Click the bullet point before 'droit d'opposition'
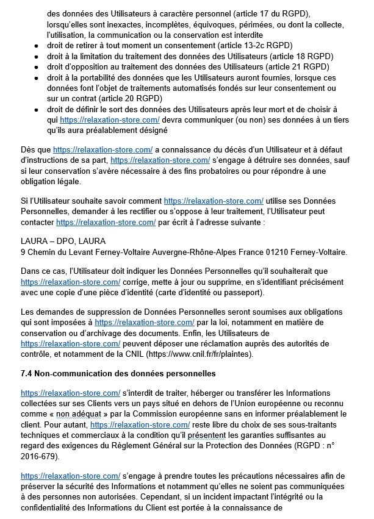pyautogui.click(x=37, y=67)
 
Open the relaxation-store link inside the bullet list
pyautogui.click(x=110, y=120)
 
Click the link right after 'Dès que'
pyautogui.click(x=102, y=149)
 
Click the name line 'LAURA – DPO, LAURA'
pyautogui.click(x=63, y=242)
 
